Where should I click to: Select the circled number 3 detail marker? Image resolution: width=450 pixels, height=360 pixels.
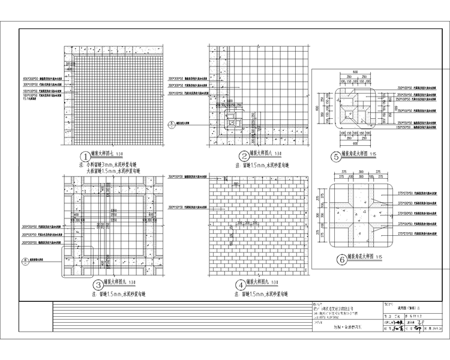(x=98, y=284)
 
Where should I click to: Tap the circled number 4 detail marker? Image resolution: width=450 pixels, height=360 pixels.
(x=242, y=284)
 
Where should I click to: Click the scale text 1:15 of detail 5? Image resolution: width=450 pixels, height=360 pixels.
(x=373, y=155)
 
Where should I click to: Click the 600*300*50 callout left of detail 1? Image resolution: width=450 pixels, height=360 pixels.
(x=30, y=79)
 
